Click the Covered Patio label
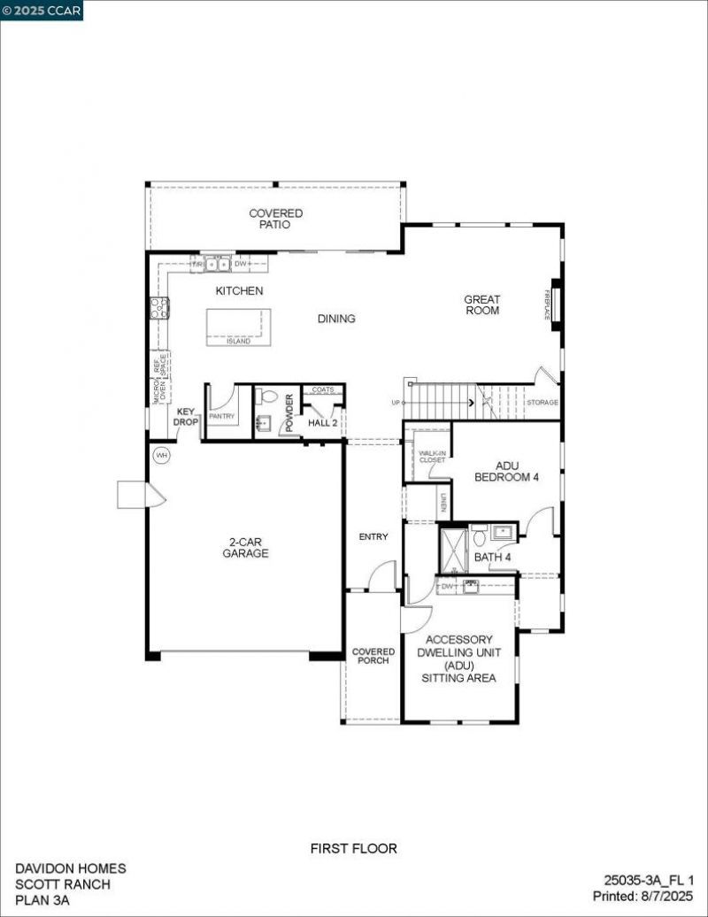275,219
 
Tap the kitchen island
239,326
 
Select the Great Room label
481,305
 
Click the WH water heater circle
161,456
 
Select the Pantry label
221,414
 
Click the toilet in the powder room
270,397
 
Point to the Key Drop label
186,417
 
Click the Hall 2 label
322,423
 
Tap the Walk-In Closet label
432,456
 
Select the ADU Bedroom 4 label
506,471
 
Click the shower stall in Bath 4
453,551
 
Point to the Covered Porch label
373,656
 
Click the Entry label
373,536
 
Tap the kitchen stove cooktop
159,308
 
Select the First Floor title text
353,848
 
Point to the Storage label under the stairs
543,403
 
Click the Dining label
336,319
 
